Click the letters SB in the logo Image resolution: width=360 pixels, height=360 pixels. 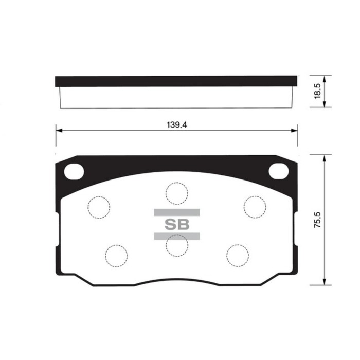click(x=176, y=224)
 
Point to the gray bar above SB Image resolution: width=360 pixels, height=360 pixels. click(x=176, y=212)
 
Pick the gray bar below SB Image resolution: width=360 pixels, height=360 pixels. click(x=176, y=236)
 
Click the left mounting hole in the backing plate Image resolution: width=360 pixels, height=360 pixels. click(x=74, y=171)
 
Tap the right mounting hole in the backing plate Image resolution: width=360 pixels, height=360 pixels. click(x=279, y=171)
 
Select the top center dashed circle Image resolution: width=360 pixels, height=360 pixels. click(x=176, y=192)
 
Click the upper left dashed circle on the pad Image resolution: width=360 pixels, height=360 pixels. click(x=99, y=207)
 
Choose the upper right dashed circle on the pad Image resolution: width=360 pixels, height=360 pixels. click(x=255, y=207)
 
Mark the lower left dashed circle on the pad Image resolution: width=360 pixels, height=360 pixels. click(x=116, y=255)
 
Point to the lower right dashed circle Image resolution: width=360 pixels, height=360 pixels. click(x=237, y=255)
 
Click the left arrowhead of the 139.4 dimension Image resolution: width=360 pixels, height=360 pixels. click(x=58, y=131)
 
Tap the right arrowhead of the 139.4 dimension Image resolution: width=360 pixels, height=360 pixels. click(x=295, y=131)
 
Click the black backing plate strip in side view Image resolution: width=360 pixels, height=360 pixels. click(x=176, y=81)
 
